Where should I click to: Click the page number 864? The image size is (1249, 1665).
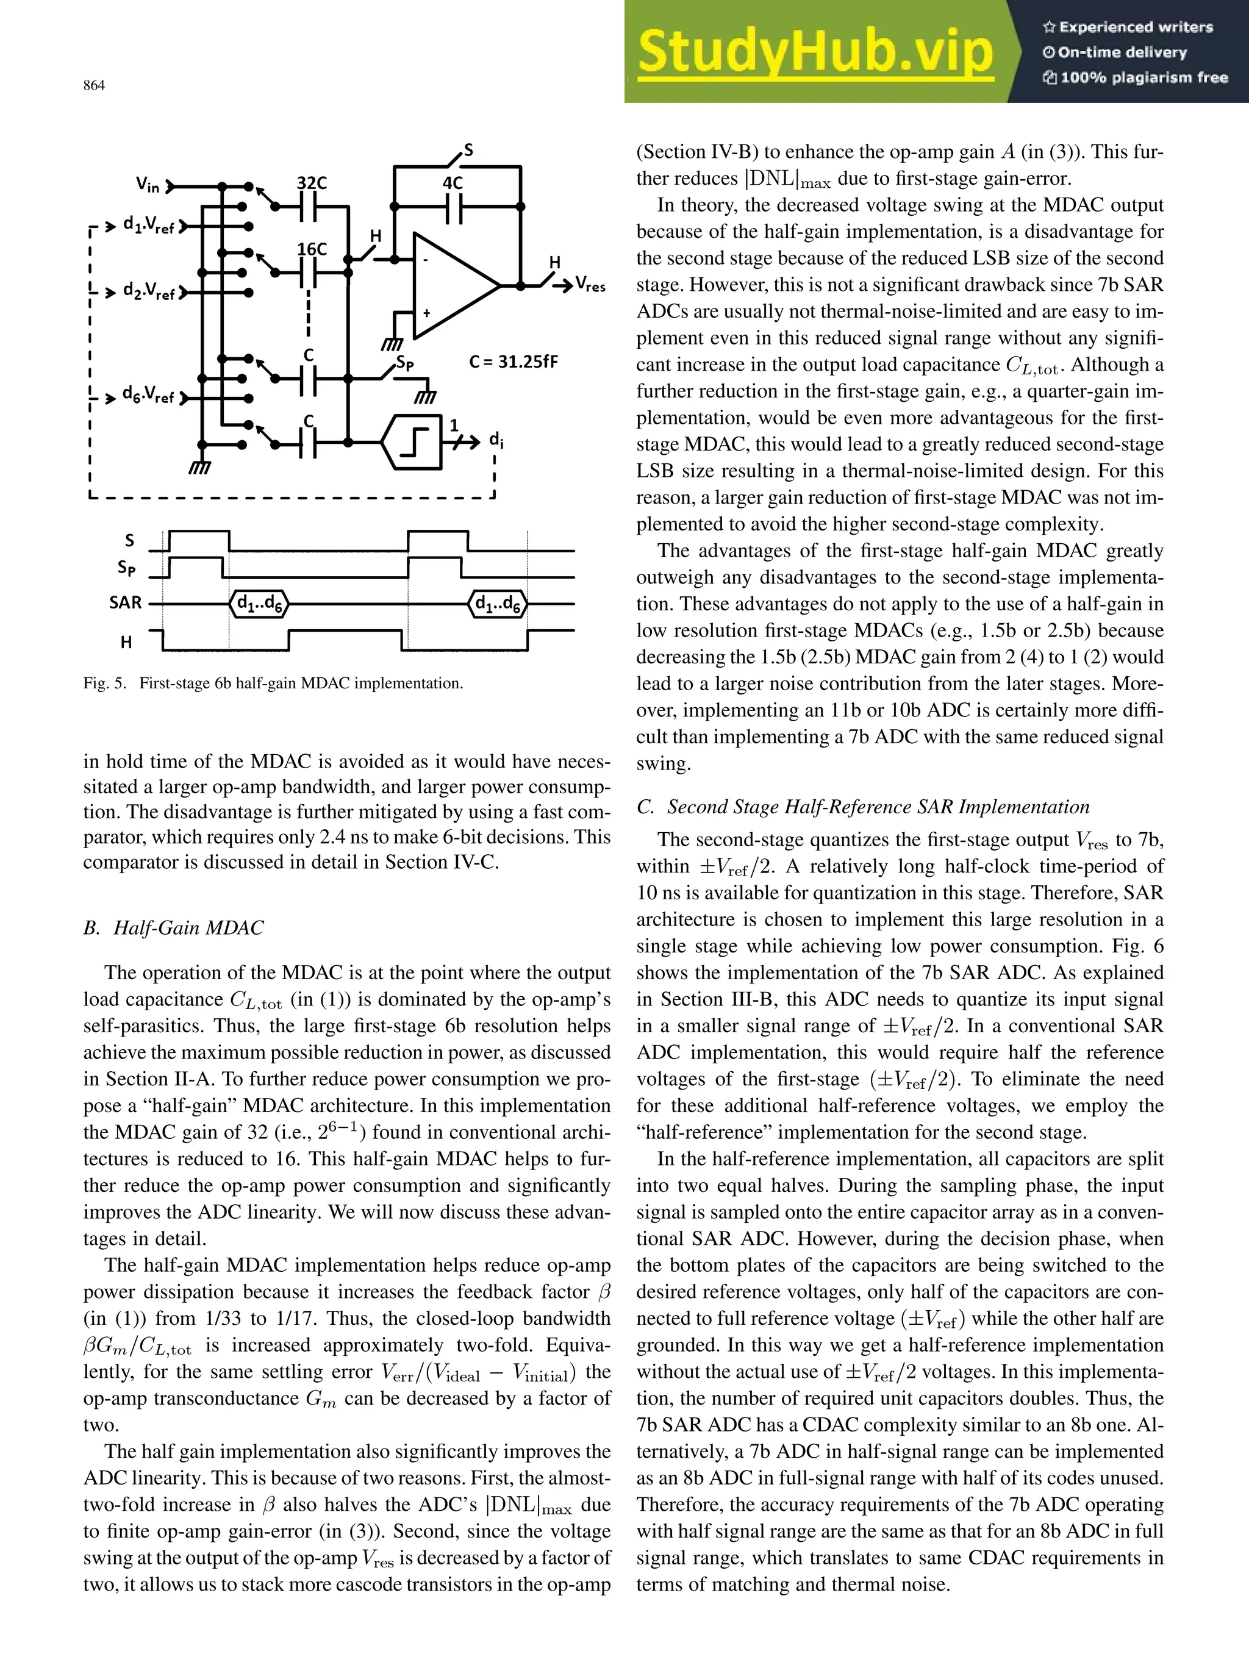[x=93, y=86]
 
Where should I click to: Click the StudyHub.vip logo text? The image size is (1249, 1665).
[x=815, y=52]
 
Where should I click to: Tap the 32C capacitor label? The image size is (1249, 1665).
[x=311, y=183]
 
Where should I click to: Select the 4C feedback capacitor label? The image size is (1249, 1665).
[x=452, y=183]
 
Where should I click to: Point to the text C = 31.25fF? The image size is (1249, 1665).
[x=514, y=362]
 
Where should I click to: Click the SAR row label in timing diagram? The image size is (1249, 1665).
[x=125, y=603]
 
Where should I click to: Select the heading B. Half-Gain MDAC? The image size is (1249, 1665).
[x=174, y=927]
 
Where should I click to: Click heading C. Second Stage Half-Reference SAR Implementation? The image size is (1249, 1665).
[x=863, y=807]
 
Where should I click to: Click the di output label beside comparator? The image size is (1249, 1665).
[x=496, y=440]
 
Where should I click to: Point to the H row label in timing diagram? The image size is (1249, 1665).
[x=126, y=642]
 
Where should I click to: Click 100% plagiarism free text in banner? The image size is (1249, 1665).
[x=1136, y=77]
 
